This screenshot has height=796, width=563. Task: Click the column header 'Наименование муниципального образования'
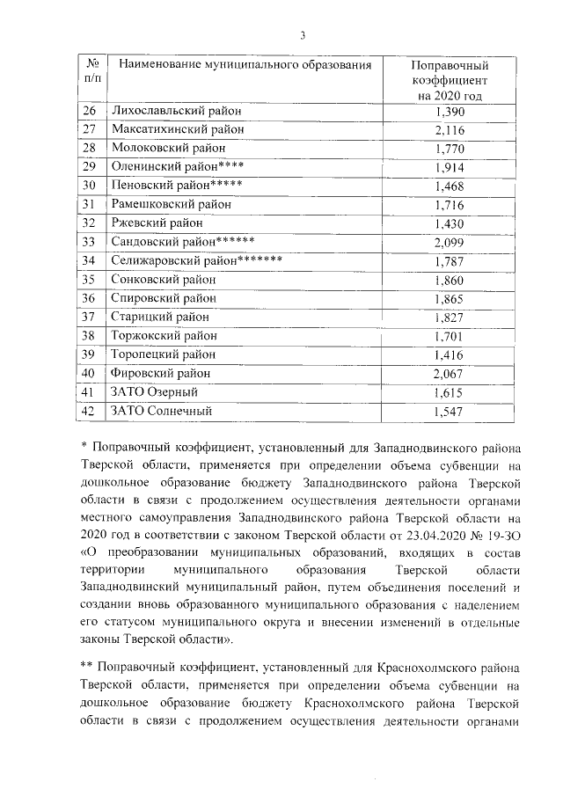239,65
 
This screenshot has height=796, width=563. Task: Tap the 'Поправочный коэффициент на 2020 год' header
450,81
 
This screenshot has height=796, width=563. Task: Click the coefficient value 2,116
450,130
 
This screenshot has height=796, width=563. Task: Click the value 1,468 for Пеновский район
450,186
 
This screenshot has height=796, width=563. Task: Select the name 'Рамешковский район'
171,205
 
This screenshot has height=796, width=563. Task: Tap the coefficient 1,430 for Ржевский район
450,223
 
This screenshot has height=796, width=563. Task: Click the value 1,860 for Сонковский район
450,280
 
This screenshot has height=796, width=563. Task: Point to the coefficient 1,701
450,335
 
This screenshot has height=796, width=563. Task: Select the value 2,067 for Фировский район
450,373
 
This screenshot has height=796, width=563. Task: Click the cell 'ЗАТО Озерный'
153,391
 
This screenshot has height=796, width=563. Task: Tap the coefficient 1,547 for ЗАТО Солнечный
450,410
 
